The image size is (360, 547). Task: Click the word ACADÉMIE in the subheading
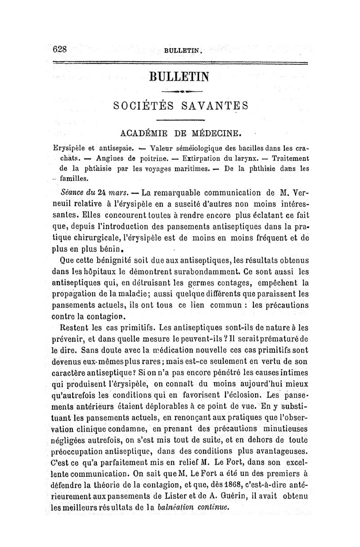[146, 133]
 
